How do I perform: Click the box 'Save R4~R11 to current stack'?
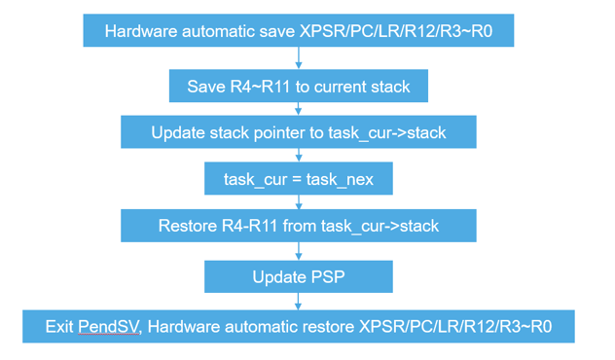299,87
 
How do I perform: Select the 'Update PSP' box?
299,276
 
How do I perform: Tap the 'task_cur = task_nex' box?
299,179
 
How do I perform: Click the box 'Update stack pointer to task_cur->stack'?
299,132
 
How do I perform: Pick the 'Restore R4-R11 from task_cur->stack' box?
299,227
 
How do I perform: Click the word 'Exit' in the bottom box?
60,326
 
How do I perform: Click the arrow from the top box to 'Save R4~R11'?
299,58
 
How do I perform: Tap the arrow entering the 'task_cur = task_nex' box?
299,156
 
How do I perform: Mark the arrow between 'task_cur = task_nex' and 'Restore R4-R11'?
299,203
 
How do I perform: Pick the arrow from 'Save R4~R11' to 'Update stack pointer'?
299,110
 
